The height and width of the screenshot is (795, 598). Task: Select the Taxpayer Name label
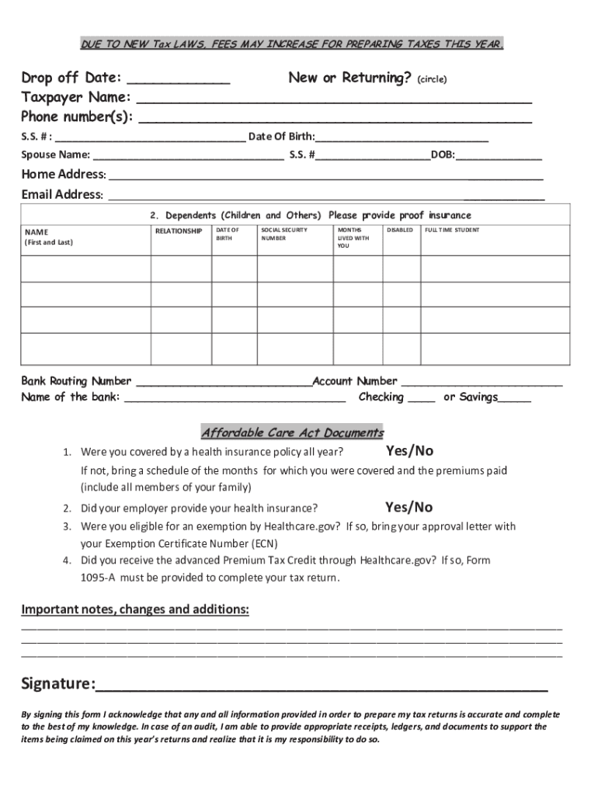[x=75, y=98]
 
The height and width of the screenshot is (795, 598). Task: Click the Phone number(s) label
[x=77, y=117]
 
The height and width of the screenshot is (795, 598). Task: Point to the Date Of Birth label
[x=281, y=137]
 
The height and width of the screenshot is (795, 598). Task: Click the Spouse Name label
[x=55, y=155]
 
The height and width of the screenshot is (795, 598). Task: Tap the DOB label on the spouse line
[x=443, y=155]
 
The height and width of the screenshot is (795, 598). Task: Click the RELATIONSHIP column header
[x=179, y=231]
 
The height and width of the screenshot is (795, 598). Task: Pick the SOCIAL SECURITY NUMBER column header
[x=283, y=234]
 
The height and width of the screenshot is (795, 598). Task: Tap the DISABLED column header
[x=400, y=231]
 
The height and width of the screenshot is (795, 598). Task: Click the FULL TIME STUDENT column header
[x=452, y=231]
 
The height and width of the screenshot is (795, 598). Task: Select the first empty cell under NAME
[x=85, y=267]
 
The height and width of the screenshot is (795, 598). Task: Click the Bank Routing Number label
[x=76, y=381]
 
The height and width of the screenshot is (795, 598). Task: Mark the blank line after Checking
[x=421, y=398]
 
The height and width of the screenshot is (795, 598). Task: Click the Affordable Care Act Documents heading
[x=292, y=432]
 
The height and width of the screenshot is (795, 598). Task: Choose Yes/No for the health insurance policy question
[x=409, y=451]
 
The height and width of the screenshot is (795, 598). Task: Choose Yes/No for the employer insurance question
[x=409, y=508]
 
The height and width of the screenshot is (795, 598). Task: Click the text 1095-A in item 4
[x=99, y=578]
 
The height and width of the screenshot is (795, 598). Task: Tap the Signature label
[x=57, y=684]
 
